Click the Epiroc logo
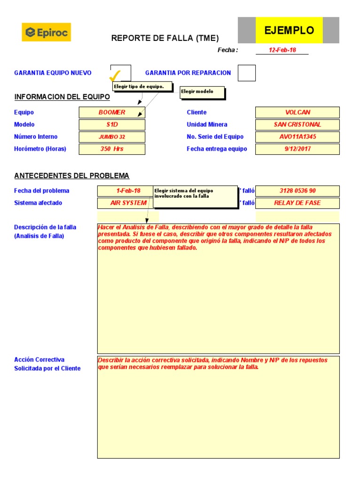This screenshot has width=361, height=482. point(46,32)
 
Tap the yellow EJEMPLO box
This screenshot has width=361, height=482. point(289,31)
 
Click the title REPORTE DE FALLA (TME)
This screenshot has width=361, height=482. point(165,39)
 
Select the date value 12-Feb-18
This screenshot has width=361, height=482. point(282,50)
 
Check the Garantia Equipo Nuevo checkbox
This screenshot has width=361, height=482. point(120,73)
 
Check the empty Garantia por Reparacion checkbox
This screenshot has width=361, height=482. point(247,73)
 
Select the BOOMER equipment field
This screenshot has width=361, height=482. point(112,112)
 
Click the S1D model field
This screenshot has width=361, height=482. point(112,125)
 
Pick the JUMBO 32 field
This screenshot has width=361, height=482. point(112,137)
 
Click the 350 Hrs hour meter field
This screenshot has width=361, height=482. point(112,149)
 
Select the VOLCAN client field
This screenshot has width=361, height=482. point(297,112)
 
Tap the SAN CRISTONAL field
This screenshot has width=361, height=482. point(297,125)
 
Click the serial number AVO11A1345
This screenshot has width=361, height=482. point(297,137)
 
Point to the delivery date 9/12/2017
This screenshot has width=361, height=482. point(297,149)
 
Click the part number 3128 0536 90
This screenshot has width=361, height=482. point(297,191)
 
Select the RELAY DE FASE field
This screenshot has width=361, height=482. point(297,203)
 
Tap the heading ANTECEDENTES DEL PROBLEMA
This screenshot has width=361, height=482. point(72,176)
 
